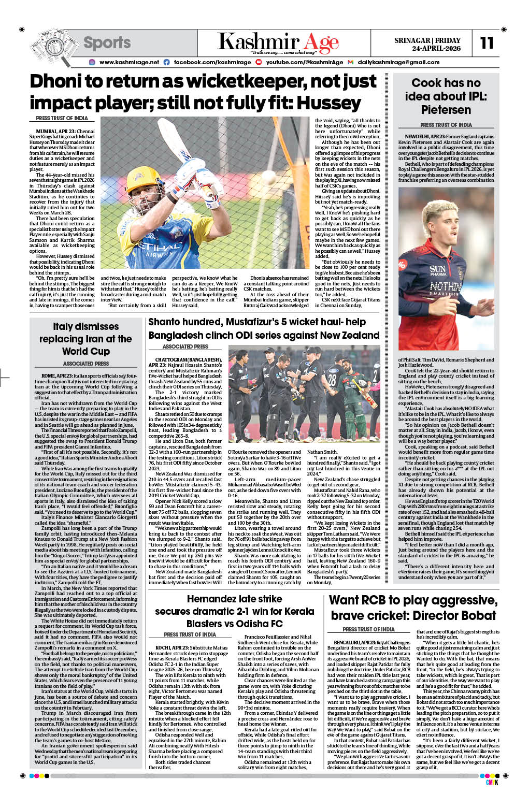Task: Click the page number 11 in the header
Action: [x=487, y=42]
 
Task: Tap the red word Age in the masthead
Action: [x=321, y=42]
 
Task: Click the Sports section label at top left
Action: [x=107, y=42]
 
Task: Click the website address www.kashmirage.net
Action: [x=129, y=62]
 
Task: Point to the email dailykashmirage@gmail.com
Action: [x=398, y=62]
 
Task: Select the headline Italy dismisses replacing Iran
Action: [x=85, y=339]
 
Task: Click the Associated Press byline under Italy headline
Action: [x=85, y=364]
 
